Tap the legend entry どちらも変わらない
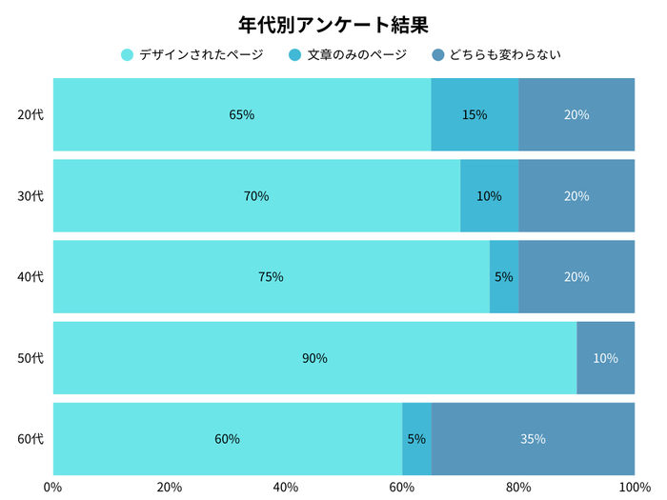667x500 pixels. click(495, 55)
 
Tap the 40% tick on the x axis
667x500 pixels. click(286, 487)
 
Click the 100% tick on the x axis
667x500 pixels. click(634, 487)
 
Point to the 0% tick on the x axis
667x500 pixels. click(53, 487)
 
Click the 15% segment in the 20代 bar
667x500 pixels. click(475, 115)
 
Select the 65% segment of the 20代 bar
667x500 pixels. click(242, 115)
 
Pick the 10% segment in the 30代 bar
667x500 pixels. click(489, 196)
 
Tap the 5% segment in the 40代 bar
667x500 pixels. click(504, 277)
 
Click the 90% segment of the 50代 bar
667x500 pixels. click(314, 358)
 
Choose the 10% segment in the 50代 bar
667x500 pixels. click(605, 358)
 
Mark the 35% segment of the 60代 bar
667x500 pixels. click(533, 439)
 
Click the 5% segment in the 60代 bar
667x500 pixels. click(416, 439)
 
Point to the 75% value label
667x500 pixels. click(271, 277)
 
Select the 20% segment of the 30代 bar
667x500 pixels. click(576, 196)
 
